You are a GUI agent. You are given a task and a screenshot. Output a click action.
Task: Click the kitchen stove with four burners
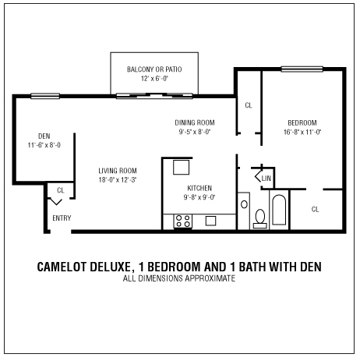pyautogui.click(x=184, y=221)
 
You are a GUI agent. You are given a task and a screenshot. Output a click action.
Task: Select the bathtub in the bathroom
pyautogui.click(x=279, y=211)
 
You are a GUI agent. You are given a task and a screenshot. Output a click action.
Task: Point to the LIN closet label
pyautogui.click(x=266, y=179)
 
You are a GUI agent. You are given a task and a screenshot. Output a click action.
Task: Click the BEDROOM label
pyautogui.click(x=302, y=123)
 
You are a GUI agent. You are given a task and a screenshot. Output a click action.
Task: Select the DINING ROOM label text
pyautogui.click(x=193, y=123)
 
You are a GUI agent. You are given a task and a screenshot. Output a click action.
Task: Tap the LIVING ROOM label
pyautogui.click(x=118, y=172)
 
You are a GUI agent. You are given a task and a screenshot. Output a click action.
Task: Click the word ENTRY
pyautogui.click(x=62, y=218)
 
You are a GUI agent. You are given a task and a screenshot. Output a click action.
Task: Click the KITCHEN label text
pyautogui.click(x=199, y=189)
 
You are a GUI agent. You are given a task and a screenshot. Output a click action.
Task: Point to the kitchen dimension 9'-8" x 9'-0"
pyautogui.click(x=199, y=198)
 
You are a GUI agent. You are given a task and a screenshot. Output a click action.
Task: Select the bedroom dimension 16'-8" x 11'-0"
pyautogui.click(x=302, y=133)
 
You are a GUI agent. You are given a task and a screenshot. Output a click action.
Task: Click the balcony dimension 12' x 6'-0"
pyautogui.click(x=154, y=80)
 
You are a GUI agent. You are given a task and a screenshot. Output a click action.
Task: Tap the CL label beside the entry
pyautogui.click(x=60, y=189)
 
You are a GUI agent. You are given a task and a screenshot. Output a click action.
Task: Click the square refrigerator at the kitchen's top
pyautogui.click(x=182, y=167)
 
